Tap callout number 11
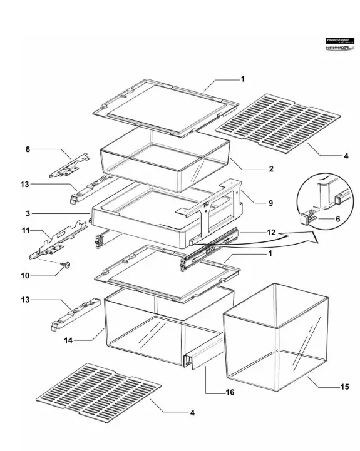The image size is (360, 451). (x=26, y=231)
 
